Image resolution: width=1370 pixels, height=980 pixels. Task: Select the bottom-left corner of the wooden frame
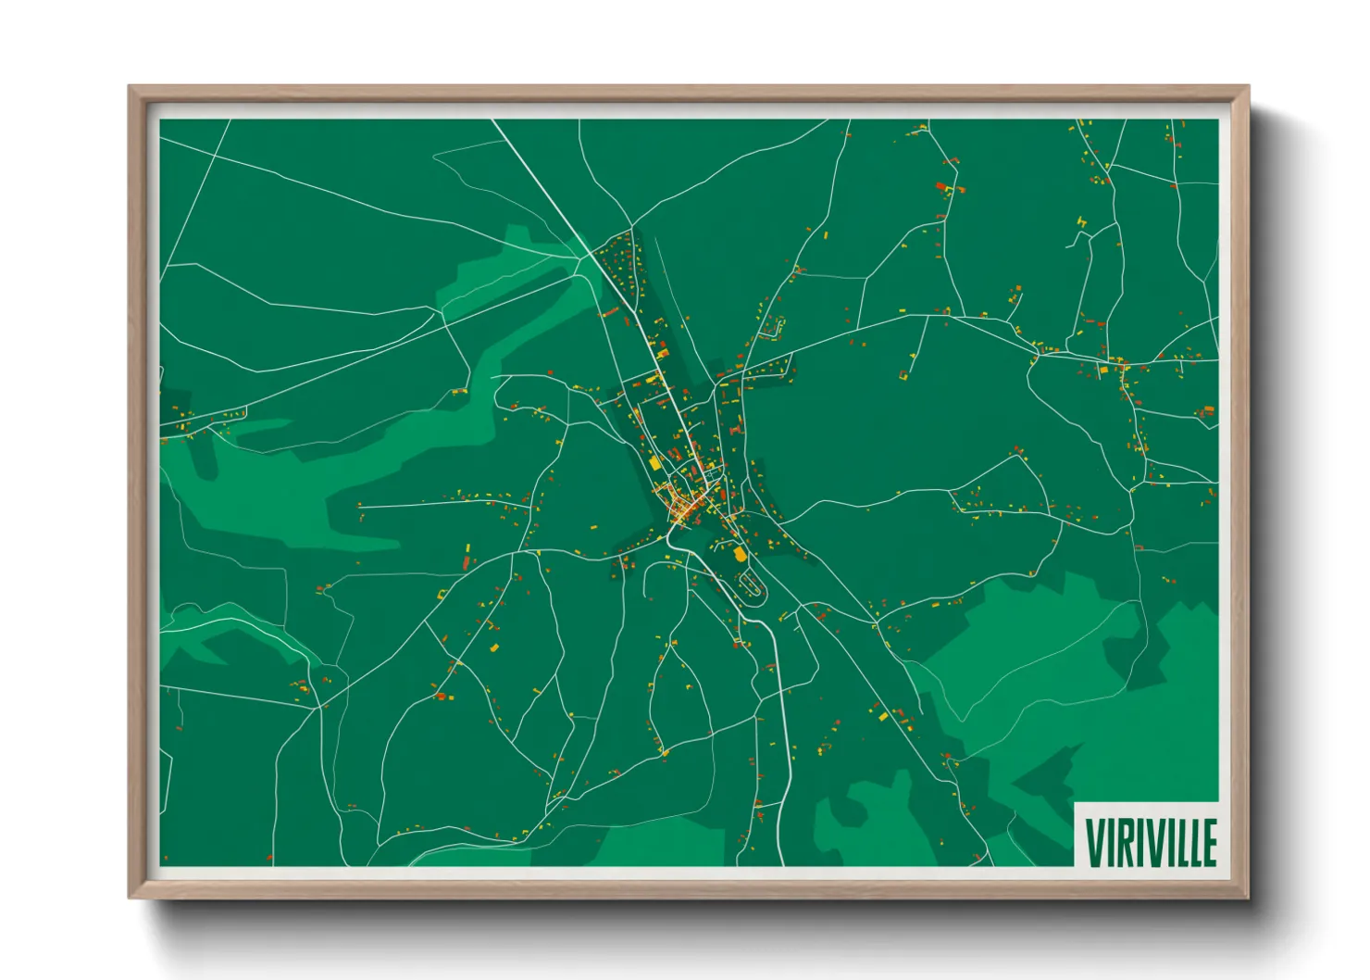tap(131, 896)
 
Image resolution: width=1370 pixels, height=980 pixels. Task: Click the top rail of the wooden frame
tap(689, 92)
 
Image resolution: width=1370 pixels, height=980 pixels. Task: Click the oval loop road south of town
tap(751, 585)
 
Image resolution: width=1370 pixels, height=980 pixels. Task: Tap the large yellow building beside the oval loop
tap(739, 554)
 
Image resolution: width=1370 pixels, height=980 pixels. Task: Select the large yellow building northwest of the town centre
tap(654, 460)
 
